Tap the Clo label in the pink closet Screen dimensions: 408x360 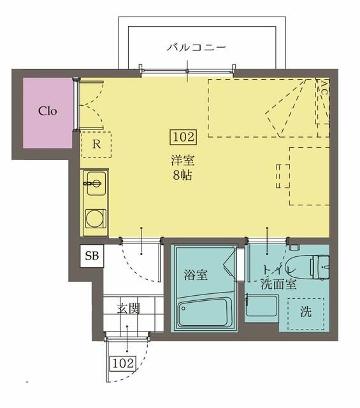click(x=48, y=110)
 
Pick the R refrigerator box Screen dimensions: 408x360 click(x=96, y=144)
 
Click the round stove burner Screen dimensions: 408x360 click(x=95, y=217)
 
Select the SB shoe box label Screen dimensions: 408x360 click(x=92, y=257)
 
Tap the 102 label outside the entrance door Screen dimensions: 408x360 click(x=123, y=363)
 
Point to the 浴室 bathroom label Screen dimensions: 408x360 click(x=196, y=275)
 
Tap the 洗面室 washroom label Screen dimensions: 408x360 click(x=278, y=285)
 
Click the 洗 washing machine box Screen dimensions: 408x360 click(x=306, y=313)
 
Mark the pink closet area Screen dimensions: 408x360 click(x=48, y=127)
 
